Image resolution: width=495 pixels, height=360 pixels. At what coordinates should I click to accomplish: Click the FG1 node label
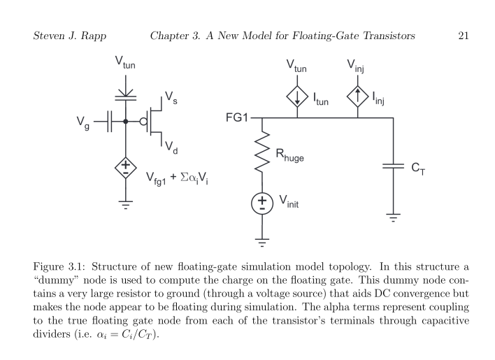click(237, 118)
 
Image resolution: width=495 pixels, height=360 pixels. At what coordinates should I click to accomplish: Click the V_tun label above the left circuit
click(125, 64)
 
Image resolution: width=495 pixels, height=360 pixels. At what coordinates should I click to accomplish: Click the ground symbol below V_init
click(262, 243)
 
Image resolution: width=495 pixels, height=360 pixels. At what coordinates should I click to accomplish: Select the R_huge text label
click(290, 157)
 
